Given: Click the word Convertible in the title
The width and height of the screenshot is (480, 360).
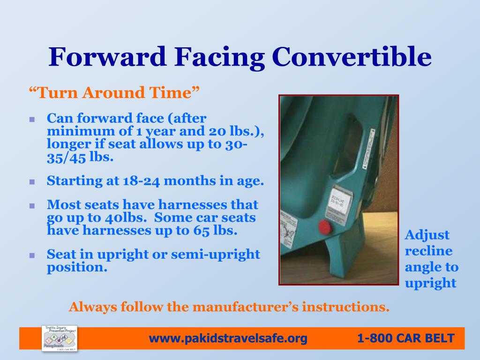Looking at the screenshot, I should tap(352, 57).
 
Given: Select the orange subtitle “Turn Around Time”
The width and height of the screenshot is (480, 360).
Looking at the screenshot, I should tap(114, 93).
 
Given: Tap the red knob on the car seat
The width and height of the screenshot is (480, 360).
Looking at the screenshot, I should tap(324, 228).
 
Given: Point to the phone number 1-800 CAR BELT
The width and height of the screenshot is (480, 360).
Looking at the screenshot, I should tap(405, 338).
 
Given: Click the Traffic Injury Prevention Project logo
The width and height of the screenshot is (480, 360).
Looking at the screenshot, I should tap(60, 338).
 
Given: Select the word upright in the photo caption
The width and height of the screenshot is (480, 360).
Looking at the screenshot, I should tap(430, 283).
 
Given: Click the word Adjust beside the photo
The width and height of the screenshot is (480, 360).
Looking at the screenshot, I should tap(427, 235).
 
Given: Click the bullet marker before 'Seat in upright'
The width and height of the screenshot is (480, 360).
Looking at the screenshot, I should tap(32, 256).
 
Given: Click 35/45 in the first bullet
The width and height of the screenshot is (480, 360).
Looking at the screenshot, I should tap(66, 158).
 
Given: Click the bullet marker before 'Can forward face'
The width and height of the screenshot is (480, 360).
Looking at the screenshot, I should tap(32, 120).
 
